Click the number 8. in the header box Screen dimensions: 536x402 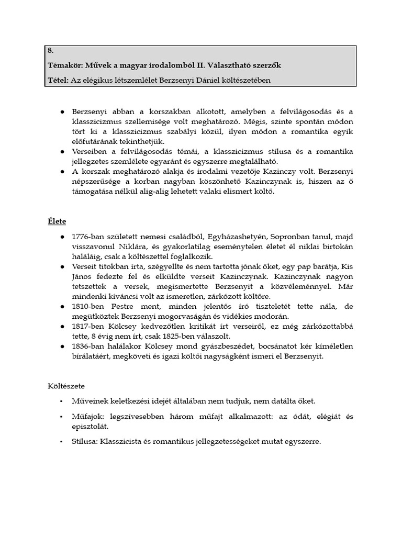pyautogui.click(x=51, y=51)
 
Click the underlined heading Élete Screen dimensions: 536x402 pyautogui.click(x=57, y=221)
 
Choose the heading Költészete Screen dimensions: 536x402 pyautogui.click(x=65, y=386)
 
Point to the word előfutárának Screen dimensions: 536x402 pyautogui.click(x=97, y=141)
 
